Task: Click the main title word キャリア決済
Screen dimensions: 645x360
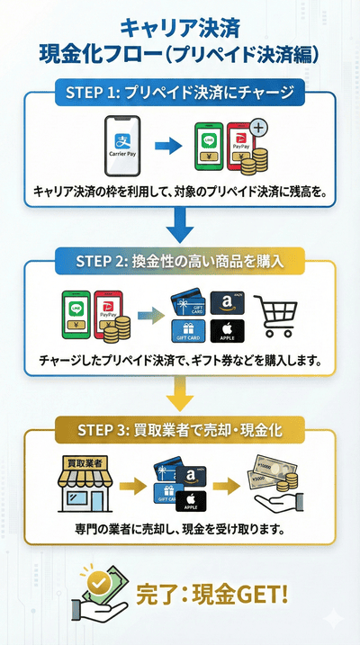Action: pyautogui.click(x=179, y=24)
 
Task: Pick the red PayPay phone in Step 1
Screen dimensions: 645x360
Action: pyautogui.click(x=238, y=146)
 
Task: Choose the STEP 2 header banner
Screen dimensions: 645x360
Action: pyautogui.click(x=180, y=262)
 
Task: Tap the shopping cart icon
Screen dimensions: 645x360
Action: pyautogui.click(x=278, y=316)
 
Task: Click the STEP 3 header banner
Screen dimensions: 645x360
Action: pyautogui.click(x=180, y=430)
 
